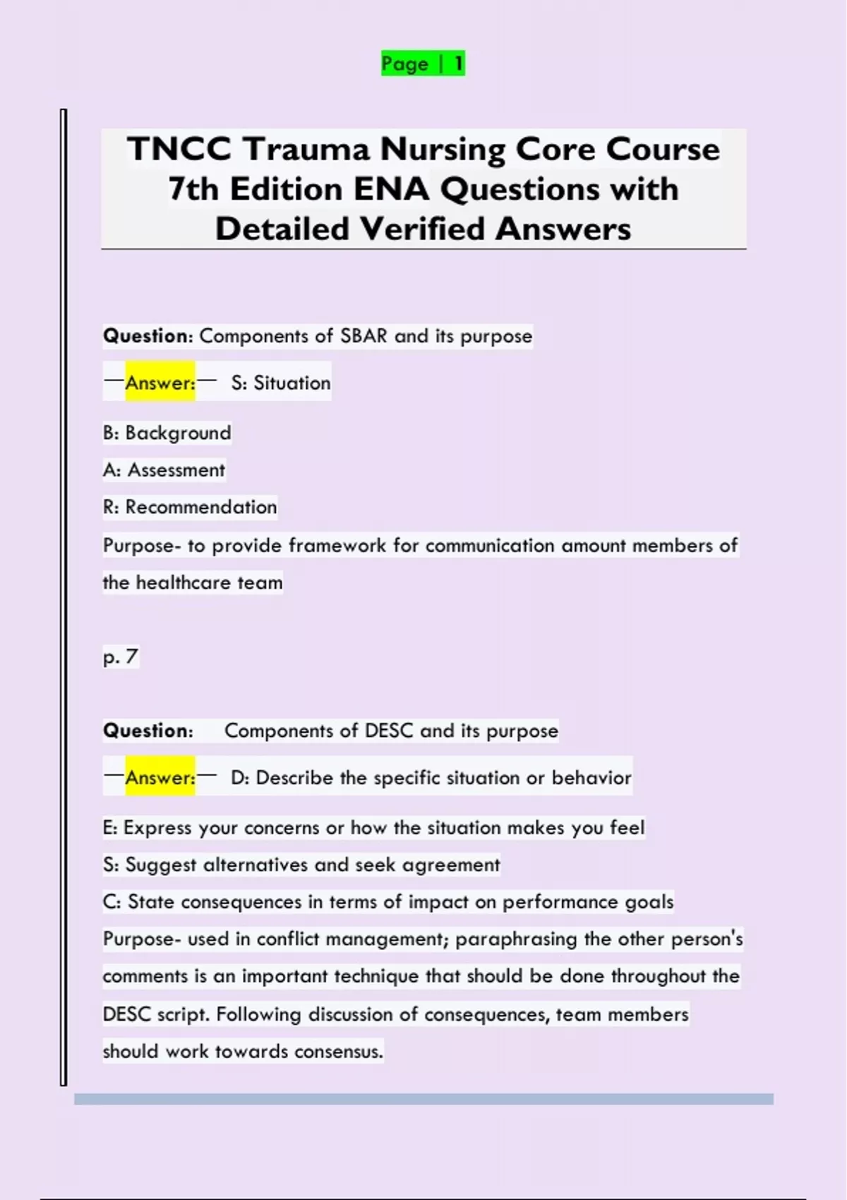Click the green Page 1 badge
click(x=423, y=64)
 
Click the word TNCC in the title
click(x=179, y=150)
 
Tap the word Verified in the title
click(x=423, y=229)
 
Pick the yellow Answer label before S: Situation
click(x=160, y=383)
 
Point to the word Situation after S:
click(x=292, y=383)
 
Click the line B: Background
click(x=167, y=433)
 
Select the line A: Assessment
click(x=164, y=470)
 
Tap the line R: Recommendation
click(x=190, y=507)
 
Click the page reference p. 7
click(x=120, y=657)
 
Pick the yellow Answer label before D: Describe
click(x=160, y=777)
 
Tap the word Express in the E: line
click(x=157, y=827)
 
